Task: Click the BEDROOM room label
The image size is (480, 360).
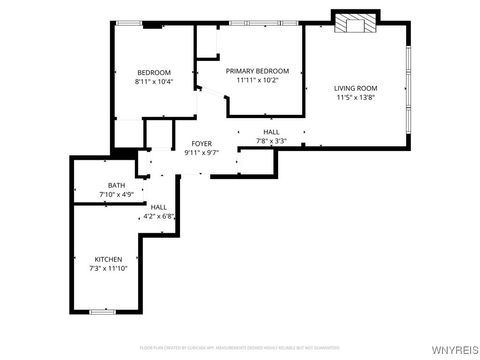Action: (x=154, y=72)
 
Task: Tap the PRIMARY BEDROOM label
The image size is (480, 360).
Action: (x=257, y=71)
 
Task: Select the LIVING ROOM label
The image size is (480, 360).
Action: (x=355, y=88)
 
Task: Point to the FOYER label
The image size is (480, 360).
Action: (x=201, y=144)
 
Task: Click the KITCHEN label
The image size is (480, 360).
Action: (x=109, y=258)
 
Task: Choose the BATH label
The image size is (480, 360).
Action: (x=117, y=185)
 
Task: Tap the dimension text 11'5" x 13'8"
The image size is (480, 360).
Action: (x=355, y=98)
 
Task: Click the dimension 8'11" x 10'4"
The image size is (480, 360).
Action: (x=154, y=82)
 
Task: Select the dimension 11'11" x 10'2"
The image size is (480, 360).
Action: (x=257, y=81)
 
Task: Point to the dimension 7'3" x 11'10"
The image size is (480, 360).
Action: (x=109, y=268)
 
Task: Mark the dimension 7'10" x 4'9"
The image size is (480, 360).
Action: (x=116, y=194)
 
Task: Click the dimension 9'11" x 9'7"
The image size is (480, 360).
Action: (x=201, y=153)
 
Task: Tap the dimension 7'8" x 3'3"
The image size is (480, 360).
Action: (x=271, y=141)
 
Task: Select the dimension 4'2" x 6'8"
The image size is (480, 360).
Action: (x=159, y=216)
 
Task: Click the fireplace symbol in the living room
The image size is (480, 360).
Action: (x=355, y=22)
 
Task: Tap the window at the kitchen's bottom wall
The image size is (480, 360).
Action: (x=103, y=312)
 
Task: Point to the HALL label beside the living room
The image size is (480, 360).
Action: (x=271, y=132)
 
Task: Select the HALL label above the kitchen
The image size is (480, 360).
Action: (x=159, y=207)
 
